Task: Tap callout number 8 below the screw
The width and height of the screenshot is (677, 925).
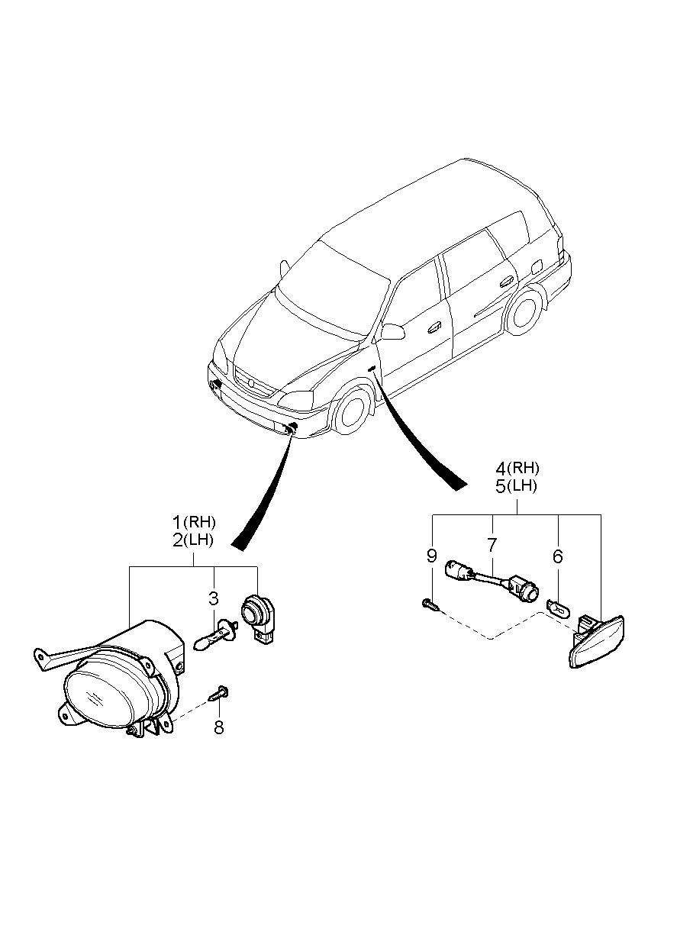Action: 219,728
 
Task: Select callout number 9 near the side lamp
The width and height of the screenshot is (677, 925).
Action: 432,556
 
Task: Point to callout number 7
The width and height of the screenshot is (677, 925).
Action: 492,545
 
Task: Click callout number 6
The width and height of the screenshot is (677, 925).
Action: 558,556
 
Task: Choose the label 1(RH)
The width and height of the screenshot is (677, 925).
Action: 194,523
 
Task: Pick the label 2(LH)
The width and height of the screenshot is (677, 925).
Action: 194,540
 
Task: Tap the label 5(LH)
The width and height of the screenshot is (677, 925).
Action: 517,486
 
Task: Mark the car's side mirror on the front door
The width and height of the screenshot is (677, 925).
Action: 393,331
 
